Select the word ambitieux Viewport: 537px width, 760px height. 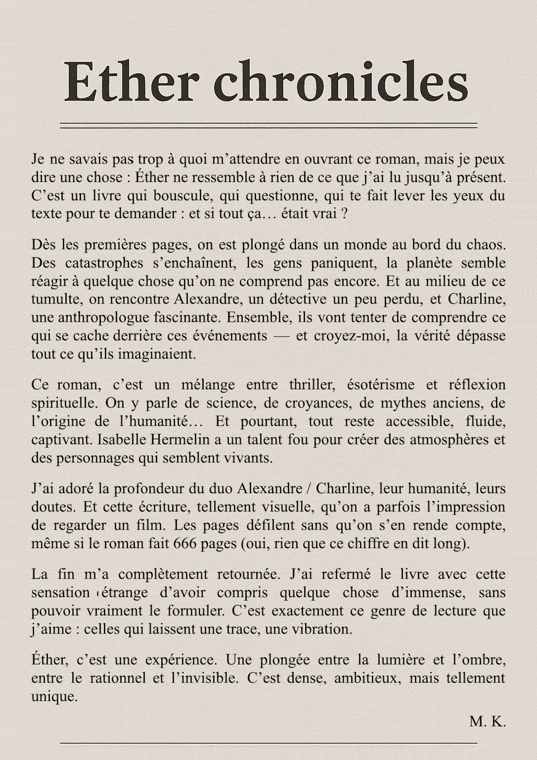pos(366,678)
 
